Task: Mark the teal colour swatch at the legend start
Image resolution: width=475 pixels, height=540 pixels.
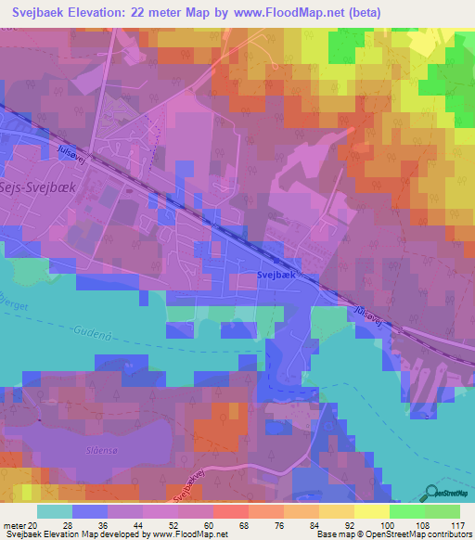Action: (55, 511)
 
